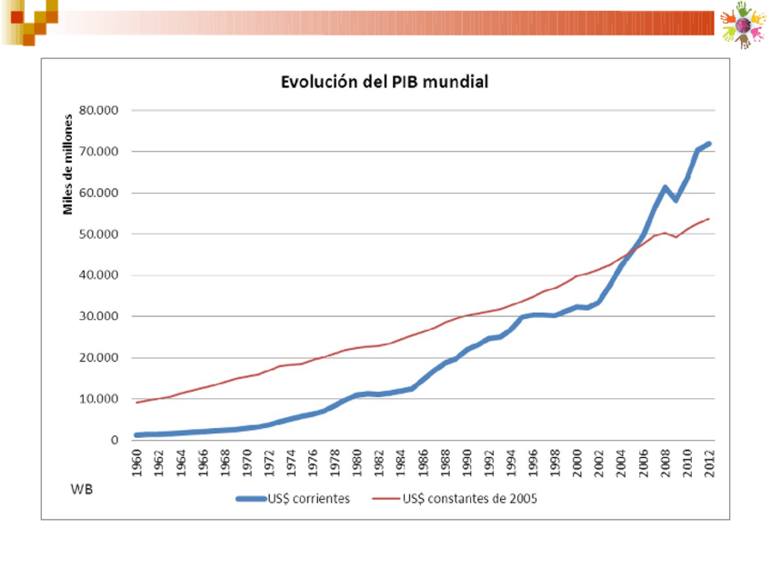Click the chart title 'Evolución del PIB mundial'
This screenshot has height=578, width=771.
384,83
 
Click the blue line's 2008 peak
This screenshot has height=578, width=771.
666,188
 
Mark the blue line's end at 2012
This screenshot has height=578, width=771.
709,144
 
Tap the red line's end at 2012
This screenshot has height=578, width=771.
709,218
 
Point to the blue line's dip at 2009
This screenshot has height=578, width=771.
676,200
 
